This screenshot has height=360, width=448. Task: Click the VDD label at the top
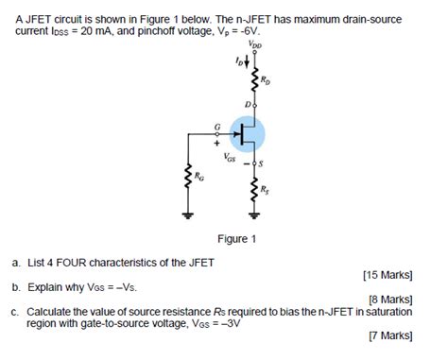(255, 44)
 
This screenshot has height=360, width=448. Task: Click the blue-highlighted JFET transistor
(249, 133)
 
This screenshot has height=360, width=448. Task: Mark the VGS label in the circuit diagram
(232, 160)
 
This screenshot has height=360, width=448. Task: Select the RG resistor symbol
(187, 178)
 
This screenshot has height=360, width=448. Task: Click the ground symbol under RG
(187, 214)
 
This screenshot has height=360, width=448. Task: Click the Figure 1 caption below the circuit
(236, 239)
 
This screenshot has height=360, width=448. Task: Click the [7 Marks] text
(390, 334)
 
